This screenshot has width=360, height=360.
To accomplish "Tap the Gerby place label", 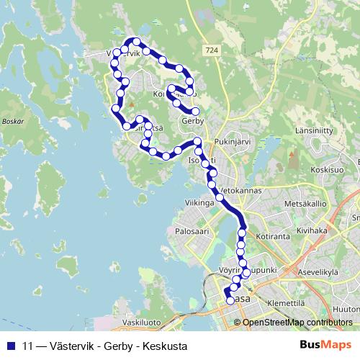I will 193,121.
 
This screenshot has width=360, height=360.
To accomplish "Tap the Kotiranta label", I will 269,235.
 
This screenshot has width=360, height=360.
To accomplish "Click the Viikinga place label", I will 200,204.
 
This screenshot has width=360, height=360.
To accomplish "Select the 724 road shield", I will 211,50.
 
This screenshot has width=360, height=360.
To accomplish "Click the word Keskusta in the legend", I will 163,346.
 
